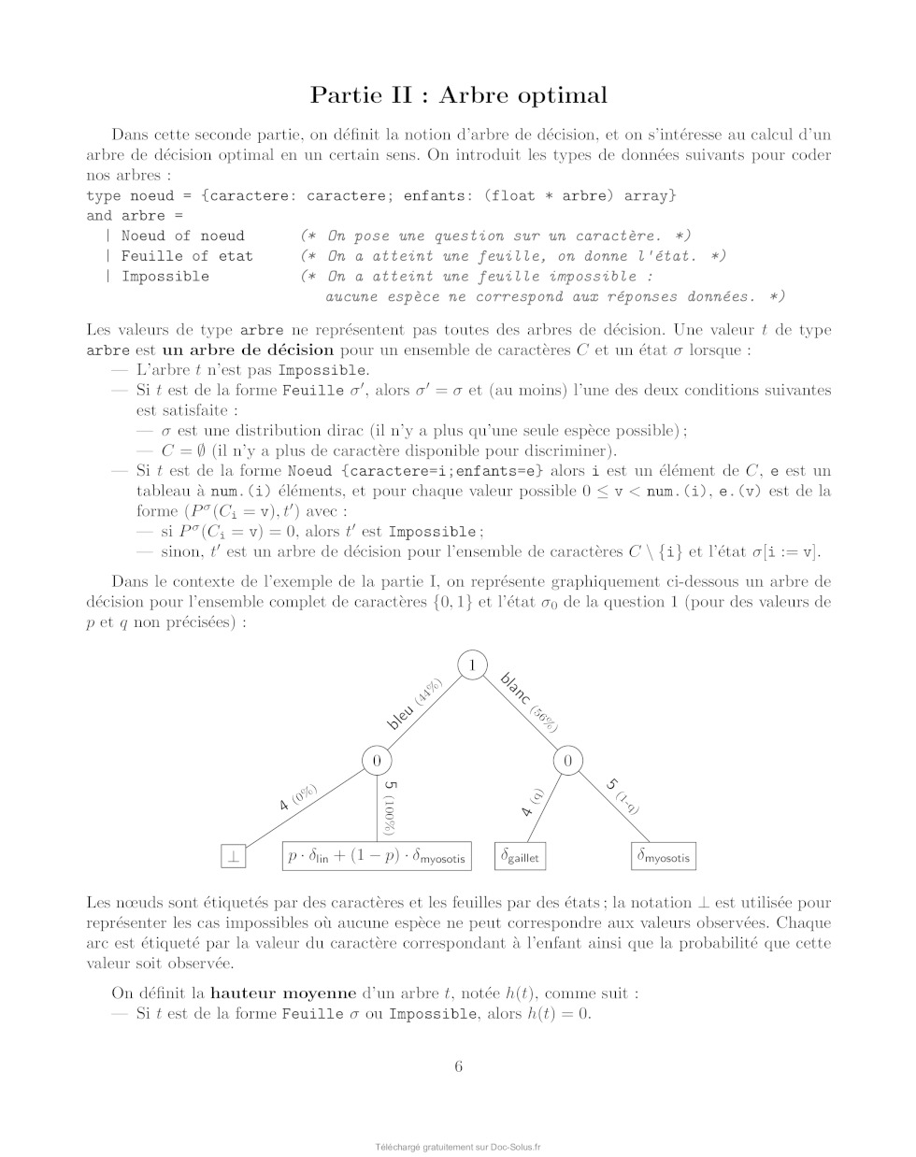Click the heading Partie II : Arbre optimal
tap(458, 95)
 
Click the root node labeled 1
tap(473, 664)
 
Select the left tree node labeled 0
tap(377, 761)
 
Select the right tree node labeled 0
tap(567, 761)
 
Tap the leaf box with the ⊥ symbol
tap(233, 855)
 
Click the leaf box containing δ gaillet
tap(521, 855)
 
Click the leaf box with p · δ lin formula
tap(377, 855)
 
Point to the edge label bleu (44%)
tap(414, 706)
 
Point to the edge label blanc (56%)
tap(529, 701)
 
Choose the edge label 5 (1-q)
tap(623, 795)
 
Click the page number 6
tap(458, 1066)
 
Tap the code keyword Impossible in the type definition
tap(165, 277)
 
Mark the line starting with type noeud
tap(380, 195)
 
